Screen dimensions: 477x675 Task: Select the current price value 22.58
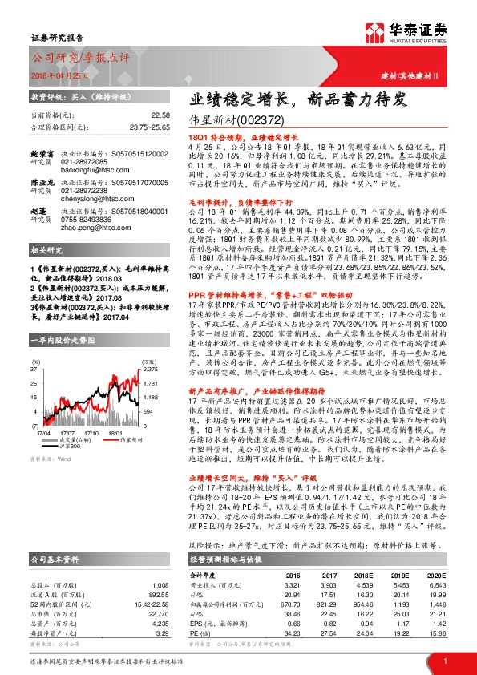point(160,115)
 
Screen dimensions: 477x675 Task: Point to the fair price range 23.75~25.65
point(150,127)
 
